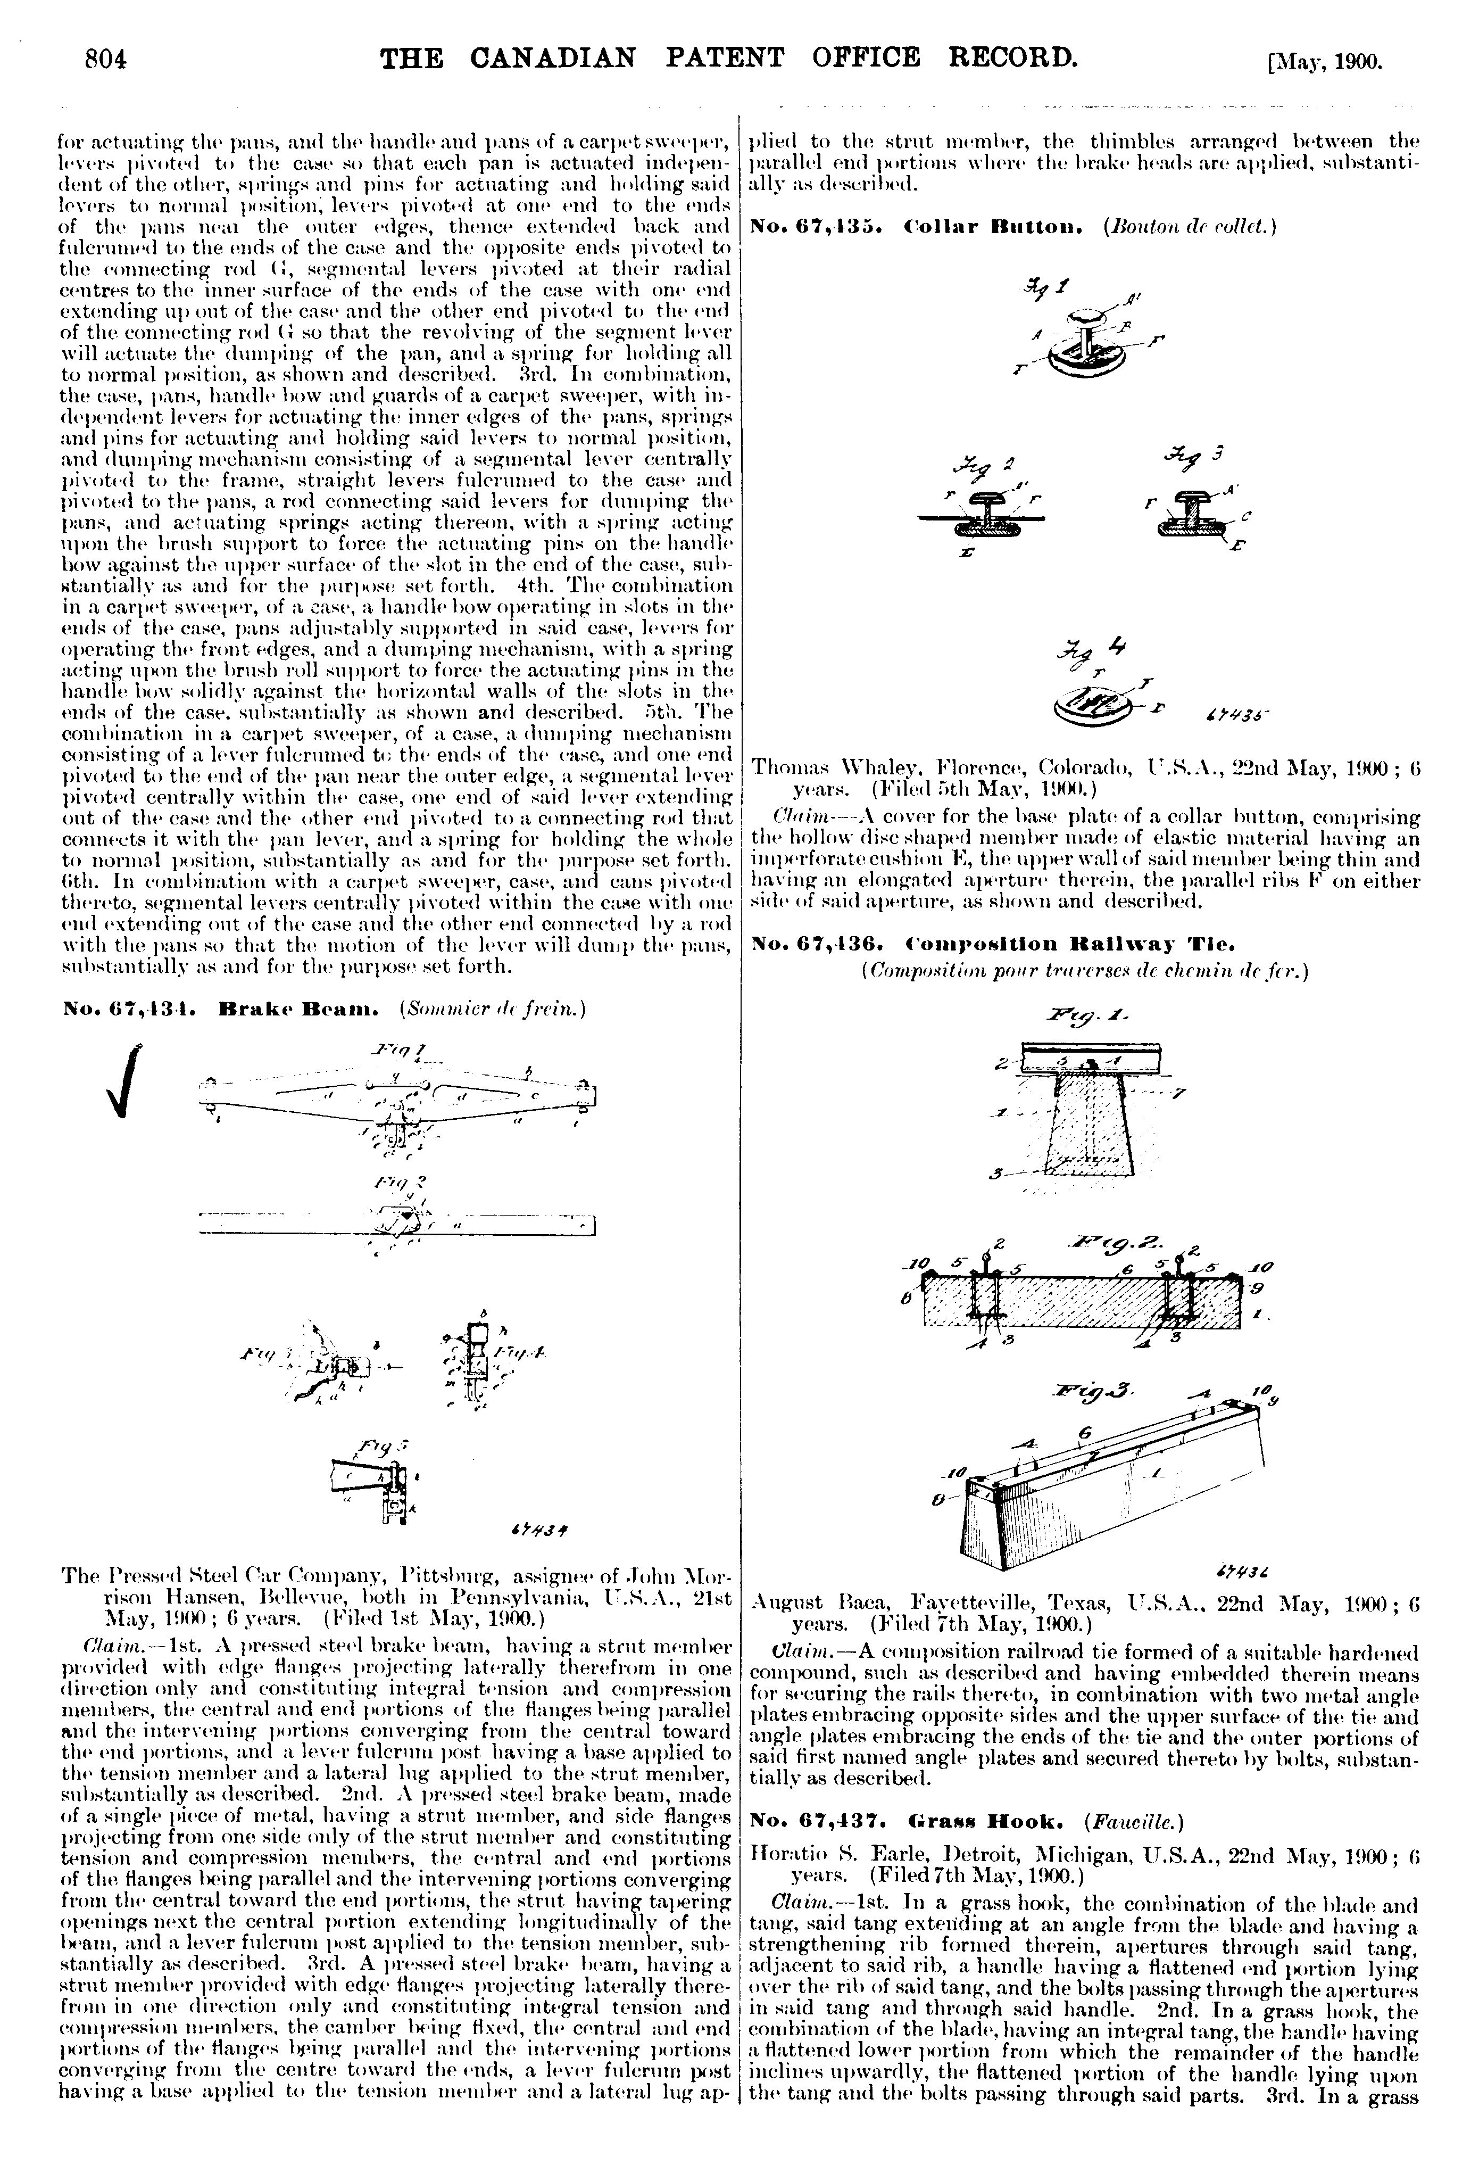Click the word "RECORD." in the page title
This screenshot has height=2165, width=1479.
click(1011, 58)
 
